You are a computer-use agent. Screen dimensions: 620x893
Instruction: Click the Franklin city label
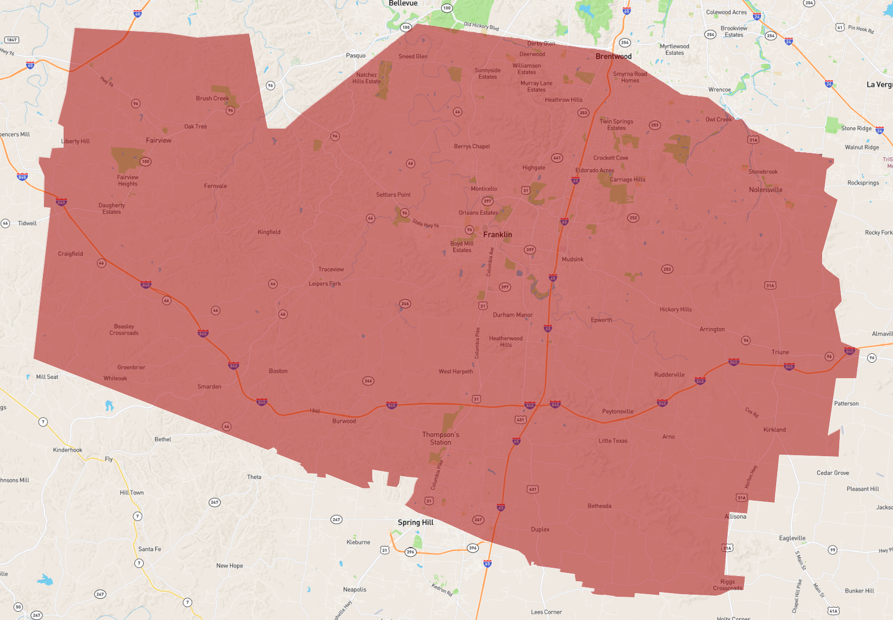497,235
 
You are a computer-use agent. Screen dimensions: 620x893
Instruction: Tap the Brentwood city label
613,56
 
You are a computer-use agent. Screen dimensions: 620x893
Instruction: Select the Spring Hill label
415,522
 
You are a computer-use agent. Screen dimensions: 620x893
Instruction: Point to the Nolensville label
765,190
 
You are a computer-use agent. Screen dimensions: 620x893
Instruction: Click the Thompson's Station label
441,438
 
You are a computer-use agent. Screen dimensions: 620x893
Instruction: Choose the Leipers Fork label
325,284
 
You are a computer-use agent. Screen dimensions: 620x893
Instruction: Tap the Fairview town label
158,140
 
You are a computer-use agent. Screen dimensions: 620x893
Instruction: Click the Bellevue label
403,3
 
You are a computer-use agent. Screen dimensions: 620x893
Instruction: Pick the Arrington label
712,329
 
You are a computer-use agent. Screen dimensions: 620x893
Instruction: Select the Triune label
780,352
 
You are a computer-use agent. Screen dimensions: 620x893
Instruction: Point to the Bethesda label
599,506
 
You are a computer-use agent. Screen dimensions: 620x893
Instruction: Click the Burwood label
344,421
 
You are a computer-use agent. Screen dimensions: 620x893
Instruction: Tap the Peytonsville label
617,411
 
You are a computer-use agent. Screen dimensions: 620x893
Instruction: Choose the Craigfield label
70,254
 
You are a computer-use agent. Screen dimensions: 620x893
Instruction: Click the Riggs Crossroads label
728,585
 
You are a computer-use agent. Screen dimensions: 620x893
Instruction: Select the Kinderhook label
67,450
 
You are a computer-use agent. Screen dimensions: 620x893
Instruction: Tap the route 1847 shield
11,40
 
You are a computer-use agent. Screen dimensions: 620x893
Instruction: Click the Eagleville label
792,538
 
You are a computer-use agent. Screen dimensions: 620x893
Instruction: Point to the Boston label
278,371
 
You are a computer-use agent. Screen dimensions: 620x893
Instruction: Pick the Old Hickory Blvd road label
481,26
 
